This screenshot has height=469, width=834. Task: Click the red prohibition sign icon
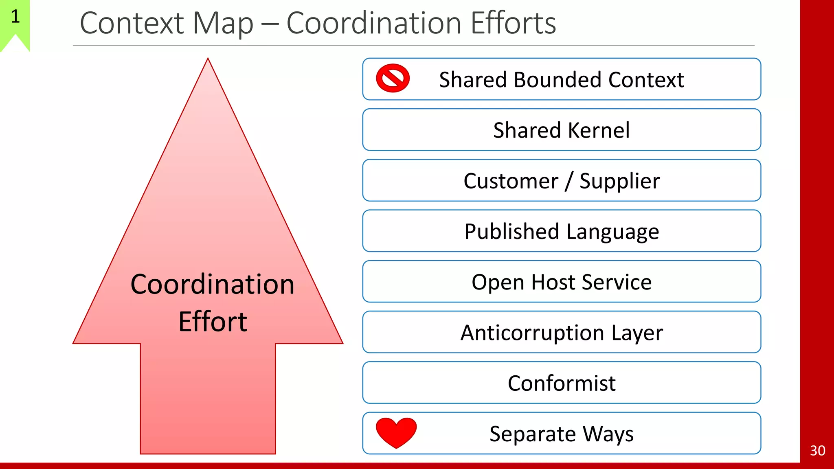coord(393,78)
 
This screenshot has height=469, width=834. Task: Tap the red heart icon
coord(396,432)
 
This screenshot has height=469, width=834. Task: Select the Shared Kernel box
coord(562,130)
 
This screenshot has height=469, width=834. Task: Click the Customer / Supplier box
coord(562,180)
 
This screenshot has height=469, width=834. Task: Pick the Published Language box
coord(562,231)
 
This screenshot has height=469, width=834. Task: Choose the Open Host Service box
coord(562,282)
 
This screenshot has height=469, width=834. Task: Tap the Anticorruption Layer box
coord(562,332)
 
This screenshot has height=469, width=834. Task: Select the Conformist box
coord(562,383)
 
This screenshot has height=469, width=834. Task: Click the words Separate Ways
coord(562,434)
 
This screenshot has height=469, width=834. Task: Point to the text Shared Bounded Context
coord(562,79)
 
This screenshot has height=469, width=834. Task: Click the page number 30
coord(817,450)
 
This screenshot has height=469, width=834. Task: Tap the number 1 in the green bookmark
coord(15,17)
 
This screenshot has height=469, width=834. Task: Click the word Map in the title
coord(223,24)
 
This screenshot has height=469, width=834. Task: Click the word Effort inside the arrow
coord(213,322)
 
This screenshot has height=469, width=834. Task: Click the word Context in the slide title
coord(132,23)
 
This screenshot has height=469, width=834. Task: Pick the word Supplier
coord(619,181)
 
